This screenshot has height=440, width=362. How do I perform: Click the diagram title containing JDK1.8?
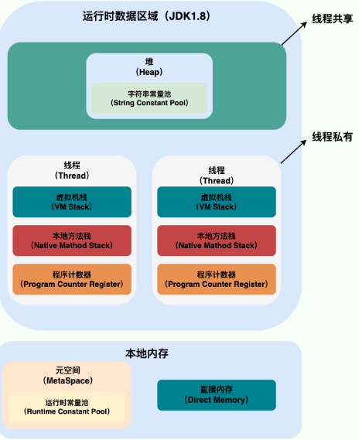[x=146, y=16]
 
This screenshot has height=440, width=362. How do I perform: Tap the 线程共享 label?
[x=333, y=19]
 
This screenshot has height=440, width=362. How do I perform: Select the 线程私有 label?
[x=333, y=137]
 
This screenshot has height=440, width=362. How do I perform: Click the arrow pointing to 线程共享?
[x=294, y=34]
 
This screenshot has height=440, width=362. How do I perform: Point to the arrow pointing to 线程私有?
[x=293, y=152]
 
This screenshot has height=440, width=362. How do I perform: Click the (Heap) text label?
[x=149, y=72]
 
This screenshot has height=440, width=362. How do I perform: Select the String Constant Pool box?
[x=149, y=98]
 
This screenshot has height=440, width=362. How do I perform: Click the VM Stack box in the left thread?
[x=72, y=202]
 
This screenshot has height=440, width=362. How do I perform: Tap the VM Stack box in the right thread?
[x=217, y=202]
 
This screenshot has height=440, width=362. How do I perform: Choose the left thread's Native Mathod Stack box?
[x=72, y=240]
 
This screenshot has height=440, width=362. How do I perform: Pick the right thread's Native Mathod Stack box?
[x=217, y=240]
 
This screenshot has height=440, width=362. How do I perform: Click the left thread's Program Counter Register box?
[x=72, y=279]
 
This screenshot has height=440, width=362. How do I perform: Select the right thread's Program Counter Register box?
[x=217, y=279]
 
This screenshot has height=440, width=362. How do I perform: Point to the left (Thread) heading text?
[x=72, y=176]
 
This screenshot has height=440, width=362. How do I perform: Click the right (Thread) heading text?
[x=217, y=181]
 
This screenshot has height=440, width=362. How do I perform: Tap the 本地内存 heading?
[x=147, y=353]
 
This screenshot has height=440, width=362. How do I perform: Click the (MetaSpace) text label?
[x=67, y=380]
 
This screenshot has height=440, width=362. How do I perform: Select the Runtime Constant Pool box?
[x=67, y=407]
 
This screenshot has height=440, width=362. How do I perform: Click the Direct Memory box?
[x=217, y=395]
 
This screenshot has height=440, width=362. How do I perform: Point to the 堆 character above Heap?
[x=149, y=62]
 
